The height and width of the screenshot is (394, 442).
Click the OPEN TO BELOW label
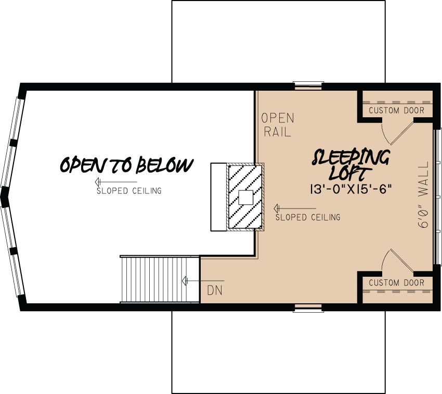pyautogui.click(x=126, y=165)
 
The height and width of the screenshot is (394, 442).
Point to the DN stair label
pyautogui.click(x=214, y=290)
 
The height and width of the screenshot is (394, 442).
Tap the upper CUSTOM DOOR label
pyautogui.click(x=396, y=110)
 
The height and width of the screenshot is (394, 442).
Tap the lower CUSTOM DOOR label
pyautogui.click(x=396, y=283)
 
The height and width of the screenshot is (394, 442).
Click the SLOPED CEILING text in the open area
pyautogui.click(x=129, y=191)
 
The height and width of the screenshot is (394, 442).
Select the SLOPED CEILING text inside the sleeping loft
pyautogui.click(x=308, y=217)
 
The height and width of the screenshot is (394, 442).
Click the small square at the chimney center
pyautogui.click(x=245, y=197)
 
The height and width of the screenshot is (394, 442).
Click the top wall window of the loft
pyautogui.click(x=308, y=85)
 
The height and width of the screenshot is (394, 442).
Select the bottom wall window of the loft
pyautogui.click(x=308, y=307)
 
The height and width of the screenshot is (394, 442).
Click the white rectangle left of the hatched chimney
pyautogui.click(x=218, y=197)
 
